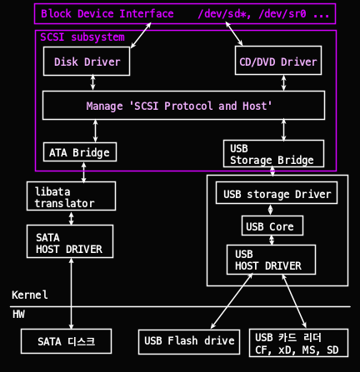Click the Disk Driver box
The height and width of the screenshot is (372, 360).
87,61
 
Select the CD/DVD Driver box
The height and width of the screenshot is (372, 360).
278,61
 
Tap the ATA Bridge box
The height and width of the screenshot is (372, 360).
80,152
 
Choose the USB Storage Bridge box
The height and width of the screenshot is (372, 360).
273,154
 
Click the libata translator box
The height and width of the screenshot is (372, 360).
71,196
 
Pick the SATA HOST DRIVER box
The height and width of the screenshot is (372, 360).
70,241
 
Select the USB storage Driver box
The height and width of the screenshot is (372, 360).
277,193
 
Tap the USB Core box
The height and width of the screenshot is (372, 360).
272,226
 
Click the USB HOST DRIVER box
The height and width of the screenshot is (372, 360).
271,260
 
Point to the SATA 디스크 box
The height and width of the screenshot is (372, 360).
66,341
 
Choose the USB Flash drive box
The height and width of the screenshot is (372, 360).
189,342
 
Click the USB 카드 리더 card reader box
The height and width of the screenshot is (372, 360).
298,343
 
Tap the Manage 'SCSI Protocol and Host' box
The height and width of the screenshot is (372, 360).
183,106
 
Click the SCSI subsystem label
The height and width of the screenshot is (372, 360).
82,37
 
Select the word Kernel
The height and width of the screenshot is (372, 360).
30,295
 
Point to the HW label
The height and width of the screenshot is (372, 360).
18,314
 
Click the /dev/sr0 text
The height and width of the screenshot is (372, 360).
282,13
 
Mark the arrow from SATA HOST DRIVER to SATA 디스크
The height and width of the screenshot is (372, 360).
71,294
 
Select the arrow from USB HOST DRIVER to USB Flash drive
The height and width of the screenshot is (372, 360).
232,301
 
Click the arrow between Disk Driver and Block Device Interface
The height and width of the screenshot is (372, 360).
141,35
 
